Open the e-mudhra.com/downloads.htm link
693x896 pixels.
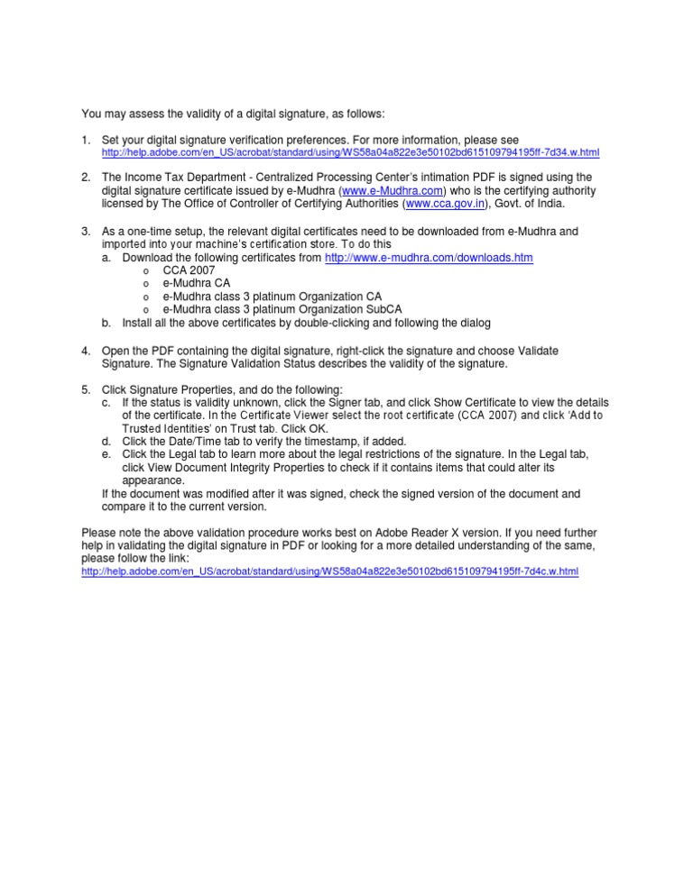(429, 258)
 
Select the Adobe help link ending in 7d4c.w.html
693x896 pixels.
(329, 572)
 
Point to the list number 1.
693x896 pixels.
(86, 141)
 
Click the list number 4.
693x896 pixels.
(86, 350)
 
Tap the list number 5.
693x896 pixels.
(86, 389)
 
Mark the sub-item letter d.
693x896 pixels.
(106, 442)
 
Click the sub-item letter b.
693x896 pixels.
(106, 323)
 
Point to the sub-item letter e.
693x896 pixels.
(106, 454)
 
